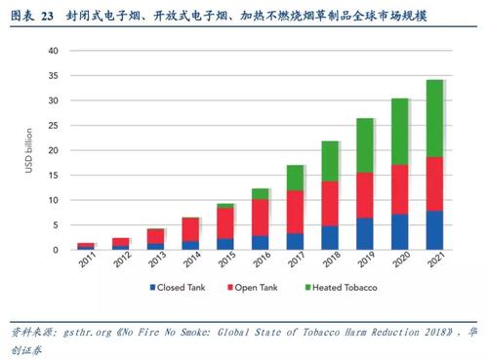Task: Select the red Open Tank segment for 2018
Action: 330,203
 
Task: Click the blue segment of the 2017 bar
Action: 294,241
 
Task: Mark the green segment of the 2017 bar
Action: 294,178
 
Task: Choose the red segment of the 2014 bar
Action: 190,229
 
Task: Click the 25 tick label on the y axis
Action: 56,126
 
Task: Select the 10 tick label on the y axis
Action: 56,200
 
